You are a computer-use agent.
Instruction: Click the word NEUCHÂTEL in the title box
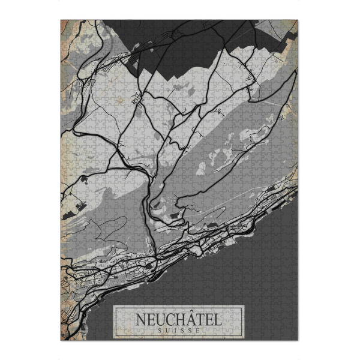pos(179,318)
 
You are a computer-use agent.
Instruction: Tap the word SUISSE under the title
pos(179,329)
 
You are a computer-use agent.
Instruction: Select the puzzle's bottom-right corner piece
pos(295,336)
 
